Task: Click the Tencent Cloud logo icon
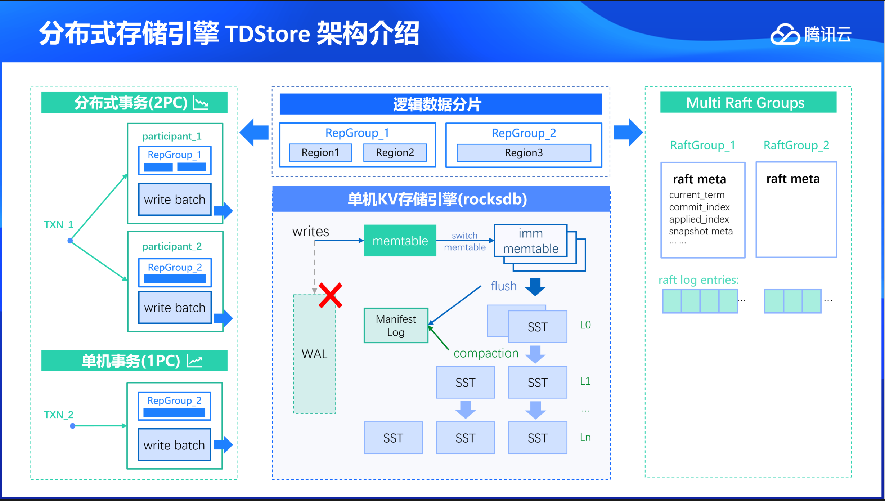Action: (785, 35)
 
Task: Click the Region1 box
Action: (320, 153)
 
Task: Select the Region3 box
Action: (524, 153)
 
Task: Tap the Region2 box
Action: (395, 153)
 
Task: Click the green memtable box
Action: (400, 241)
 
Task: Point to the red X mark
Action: (330, 295)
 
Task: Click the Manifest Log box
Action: (396, 325)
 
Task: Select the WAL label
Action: (315, 354)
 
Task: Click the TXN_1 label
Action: (58, 225)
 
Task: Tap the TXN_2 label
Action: (58, 415)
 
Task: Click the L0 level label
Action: (585, 325)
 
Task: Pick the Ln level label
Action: (585, 437)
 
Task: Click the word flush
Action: (504, 286)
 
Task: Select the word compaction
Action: (486, 353)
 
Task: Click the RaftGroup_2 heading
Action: (796, 145)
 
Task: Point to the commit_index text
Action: (699, 207)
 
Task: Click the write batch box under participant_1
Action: (175, 200)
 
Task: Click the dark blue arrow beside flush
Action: (535, 286)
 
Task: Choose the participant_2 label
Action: (172, 246)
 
